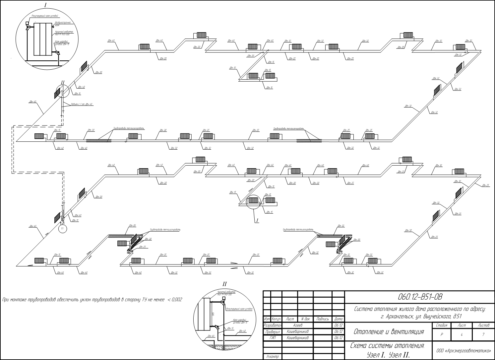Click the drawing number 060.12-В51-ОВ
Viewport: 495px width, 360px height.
420,296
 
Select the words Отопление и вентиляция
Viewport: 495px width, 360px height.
389,331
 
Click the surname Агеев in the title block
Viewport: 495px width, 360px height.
298,325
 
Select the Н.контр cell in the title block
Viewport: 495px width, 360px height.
272,357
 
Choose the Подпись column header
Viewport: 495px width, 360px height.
322,319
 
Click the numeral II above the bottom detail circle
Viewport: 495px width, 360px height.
224,284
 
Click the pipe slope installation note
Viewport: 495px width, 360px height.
92,300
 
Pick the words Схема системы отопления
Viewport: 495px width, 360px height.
388,346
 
